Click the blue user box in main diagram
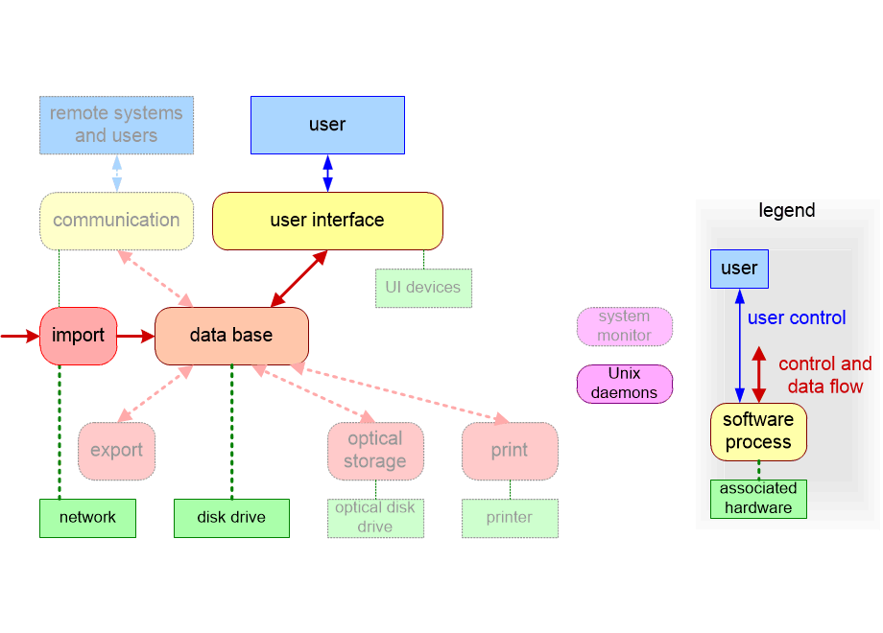pos(327,125)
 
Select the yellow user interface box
pos(327,221)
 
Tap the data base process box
pos(231,336)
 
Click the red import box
pos(78,336)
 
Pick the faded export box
pos(116,451)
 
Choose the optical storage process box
pos(375,451)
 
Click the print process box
pos(510,451)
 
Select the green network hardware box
pos(87,518)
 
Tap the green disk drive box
pos(231,518)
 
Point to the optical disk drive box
pos(375,518)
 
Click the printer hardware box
pos(510,518)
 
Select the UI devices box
pos(423,288)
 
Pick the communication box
pos(116,221)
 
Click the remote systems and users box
pos(116,125)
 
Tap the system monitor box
pos(624,326)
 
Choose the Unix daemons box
pos(624,384)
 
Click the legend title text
pos(787,211)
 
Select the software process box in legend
pos(758,432)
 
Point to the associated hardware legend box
pos(758,499)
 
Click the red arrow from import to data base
pos(135,337)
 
